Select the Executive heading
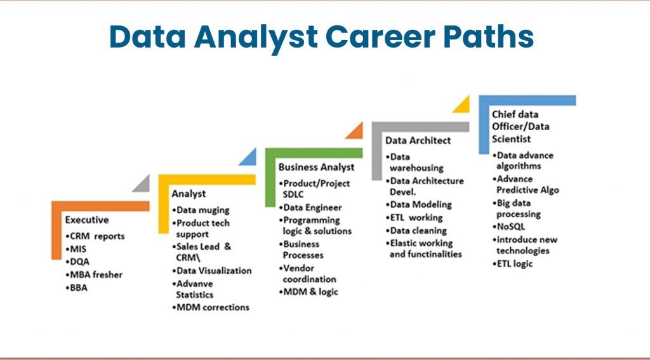point(87,220)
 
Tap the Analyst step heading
point(189,193)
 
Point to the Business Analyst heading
point(316,166)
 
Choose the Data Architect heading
point(418,140)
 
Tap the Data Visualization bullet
point(211,270)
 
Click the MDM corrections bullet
point(211,307)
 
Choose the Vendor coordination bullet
point(308,274)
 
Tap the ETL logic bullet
point(514,263)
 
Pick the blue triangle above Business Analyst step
point(249,157)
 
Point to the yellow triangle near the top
point(462,105)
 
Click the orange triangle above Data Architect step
point(355,131)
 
